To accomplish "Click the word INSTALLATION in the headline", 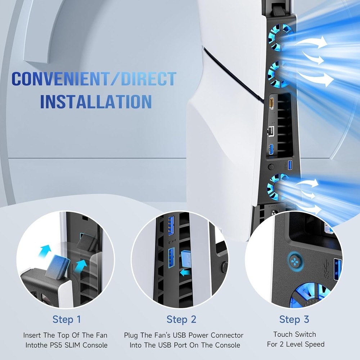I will (x=96, y=102).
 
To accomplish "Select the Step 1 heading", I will (x=67, y=319).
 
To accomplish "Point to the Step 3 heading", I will (x=294, y=319).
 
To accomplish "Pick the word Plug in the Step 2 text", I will (x=132, y=335).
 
